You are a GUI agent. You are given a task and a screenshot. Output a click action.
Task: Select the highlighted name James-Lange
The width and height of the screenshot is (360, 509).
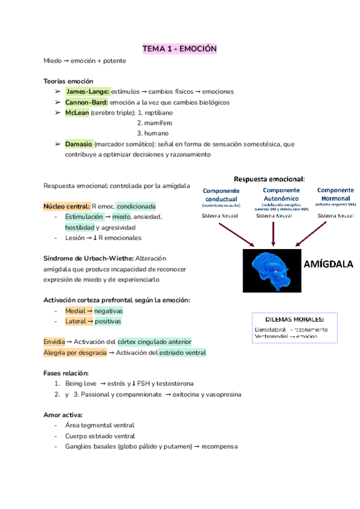point(88,91)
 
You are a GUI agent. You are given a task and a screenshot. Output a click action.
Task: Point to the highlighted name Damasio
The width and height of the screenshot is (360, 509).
point(79,144)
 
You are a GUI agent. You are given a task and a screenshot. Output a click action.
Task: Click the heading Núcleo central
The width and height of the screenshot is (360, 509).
point(66,206)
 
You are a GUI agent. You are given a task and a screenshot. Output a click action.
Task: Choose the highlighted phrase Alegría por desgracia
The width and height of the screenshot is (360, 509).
point(75,352)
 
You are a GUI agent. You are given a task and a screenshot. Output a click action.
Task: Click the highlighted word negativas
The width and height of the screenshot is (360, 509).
point(108,311)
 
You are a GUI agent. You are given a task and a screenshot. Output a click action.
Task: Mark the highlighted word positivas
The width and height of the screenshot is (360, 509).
point(107,322)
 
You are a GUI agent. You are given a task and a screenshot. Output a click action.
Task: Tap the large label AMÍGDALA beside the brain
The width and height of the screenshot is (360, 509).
point(329,264)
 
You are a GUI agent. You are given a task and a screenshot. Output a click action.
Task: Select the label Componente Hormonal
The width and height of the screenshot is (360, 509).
point(335,194)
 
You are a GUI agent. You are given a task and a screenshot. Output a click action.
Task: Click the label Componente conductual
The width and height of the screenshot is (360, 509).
point(221,194)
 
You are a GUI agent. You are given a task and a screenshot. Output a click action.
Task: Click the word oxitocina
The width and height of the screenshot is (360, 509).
point(187,394)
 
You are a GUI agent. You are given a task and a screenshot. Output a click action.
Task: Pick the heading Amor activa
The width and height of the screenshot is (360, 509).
point(63,415)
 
